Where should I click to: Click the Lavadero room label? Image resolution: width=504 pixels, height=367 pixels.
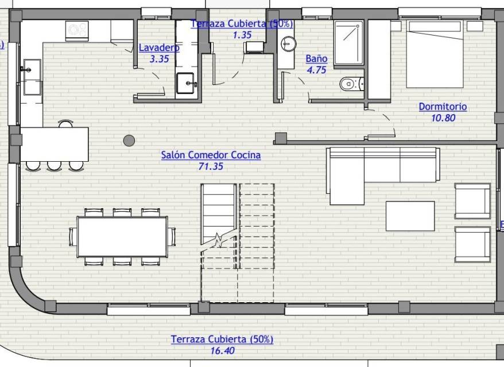point(159,48)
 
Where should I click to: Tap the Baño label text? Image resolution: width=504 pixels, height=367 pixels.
point(317,58)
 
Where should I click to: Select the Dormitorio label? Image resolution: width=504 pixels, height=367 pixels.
point(443,107)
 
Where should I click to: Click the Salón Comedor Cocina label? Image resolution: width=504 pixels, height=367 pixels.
point(211,155)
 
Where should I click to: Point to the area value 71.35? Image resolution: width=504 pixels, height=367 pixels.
point(211,166)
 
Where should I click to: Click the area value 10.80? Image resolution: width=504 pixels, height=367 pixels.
point(443,118)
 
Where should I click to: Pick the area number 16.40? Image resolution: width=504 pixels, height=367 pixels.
point(222,350)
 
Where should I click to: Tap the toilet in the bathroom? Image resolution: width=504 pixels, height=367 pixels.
point(351,84)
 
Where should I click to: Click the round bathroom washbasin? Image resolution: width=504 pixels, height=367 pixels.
point(288,44)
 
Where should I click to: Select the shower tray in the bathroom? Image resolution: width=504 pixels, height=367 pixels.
point(349,42)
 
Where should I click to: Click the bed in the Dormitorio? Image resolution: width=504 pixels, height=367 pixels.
point(435,54)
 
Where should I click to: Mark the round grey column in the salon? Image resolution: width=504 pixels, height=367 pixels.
point(129,140)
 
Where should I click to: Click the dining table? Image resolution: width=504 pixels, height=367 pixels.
point(122,237)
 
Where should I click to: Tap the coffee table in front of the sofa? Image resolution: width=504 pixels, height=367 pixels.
point(410,216)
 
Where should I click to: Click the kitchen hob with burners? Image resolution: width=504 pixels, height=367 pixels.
point(77,30)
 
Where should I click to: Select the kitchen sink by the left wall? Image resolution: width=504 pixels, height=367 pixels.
point(32,77)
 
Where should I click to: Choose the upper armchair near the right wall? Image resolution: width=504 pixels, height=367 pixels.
point(472,201)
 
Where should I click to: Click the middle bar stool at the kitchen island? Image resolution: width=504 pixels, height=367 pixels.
point(55,166)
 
